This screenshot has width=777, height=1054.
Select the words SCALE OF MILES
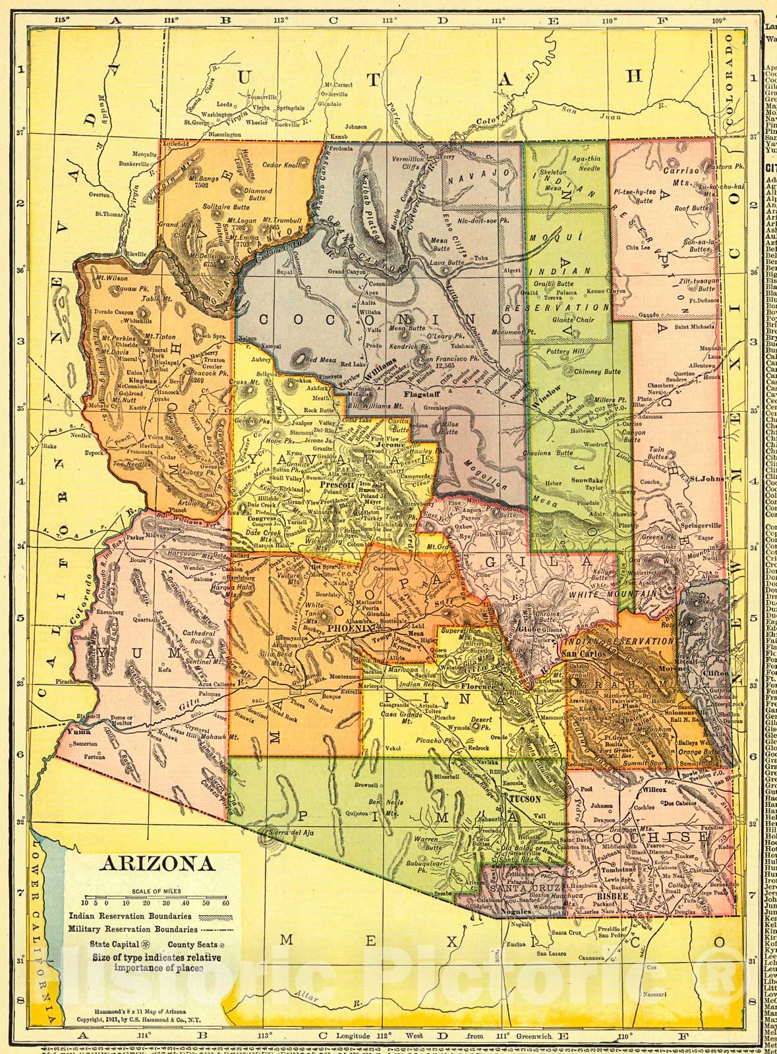(155, 891)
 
